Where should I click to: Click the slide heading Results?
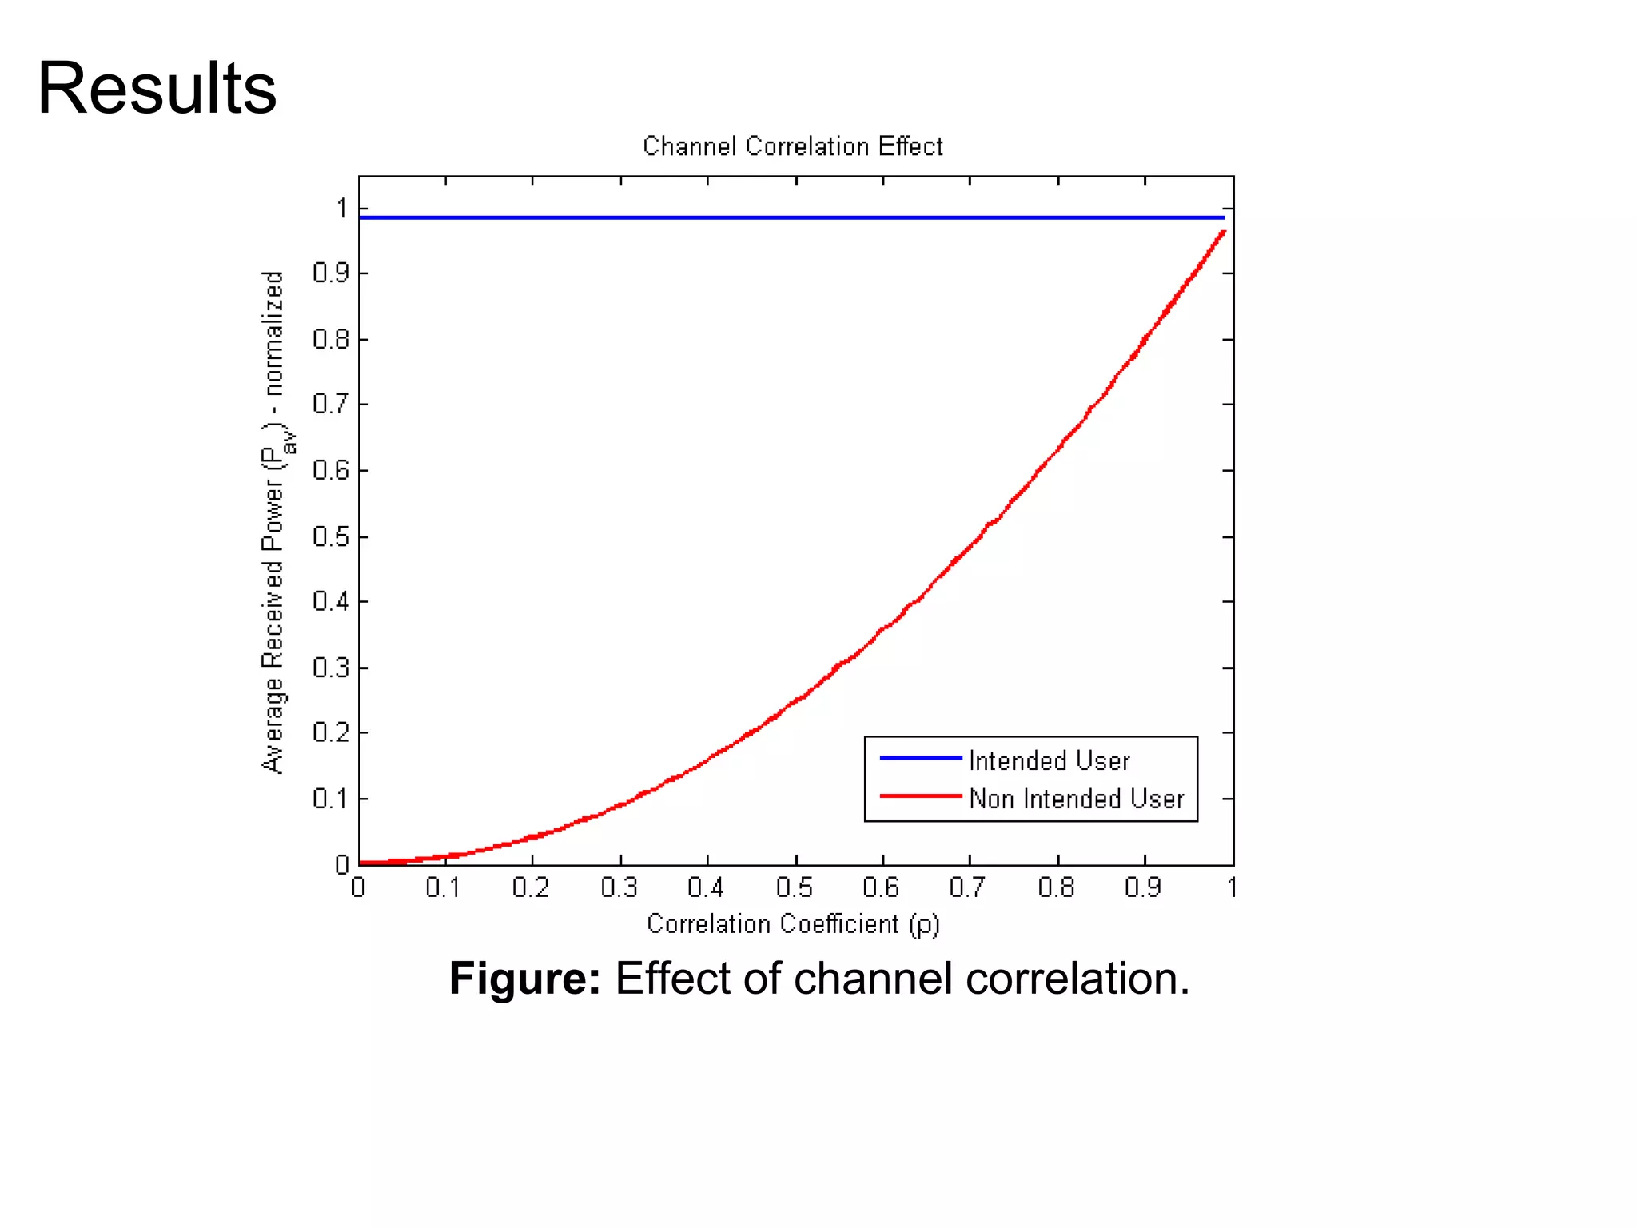[x=157, y=88]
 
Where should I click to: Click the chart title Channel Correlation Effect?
[x=792, y=146]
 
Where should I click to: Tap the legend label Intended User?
[x=1049, y=760]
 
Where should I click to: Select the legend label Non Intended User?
[x=1076, y=799]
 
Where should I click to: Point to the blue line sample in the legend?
[x=920, y=757]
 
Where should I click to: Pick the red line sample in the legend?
[x=920, y=796]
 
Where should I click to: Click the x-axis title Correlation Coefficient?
[x=792, y=924]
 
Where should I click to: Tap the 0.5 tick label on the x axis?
[x=794, y=887]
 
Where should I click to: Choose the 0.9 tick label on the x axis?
[x=1142, y=887]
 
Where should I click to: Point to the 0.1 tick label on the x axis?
[x=443, y=887]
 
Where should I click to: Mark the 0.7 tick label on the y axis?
[x=330, y=405]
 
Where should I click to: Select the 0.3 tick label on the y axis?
[x=330, y=668]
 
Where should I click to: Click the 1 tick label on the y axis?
[x=342, y=209]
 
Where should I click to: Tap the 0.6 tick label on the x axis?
[x=880, y=887]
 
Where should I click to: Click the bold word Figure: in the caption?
[x=524, y=978]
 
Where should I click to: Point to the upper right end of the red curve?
[x=1223, y=233]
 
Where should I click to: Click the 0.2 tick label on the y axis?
[x=330, y=732]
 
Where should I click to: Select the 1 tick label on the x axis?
[x=1232, y=887]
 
